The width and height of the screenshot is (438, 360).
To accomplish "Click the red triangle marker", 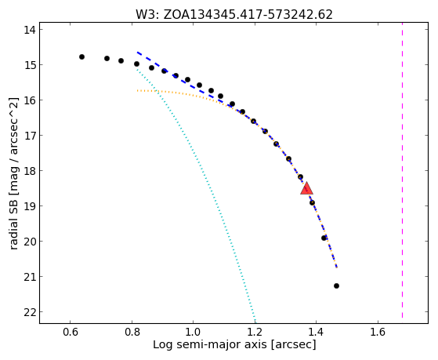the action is (x=306, y=189).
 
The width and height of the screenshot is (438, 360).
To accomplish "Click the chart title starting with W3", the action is (x=234, y=15).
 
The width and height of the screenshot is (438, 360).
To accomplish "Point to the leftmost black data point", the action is (x=81, y=56).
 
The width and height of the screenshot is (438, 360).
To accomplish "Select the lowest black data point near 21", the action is (x=336, y=285).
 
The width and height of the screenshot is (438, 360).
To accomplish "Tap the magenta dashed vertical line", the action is (x=402, y=170).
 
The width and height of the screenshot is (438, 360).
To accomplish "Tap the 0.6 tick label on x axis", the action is (x=70, y=332).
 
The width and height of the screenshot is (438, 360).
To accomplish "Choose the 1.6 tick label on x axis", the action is (x=378, y=332).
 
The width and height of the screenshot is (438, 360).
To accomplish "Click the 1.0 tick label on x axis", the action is (x=194, y=332).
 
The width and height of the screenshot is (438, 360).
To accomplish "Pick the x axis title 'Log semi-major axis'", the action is (x=210, y=344).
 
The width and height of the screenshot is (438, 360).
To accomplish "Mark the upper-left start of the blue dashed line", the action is (x=137, y=53).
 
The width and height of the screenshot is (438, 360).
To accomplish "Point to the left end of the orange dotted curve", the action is (x=137, y=90).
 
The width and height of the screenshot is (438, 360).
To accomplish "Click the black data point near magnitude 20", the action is (x=324, y=238).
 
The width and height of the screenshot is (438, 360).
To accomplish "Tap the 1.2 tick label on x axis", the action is (x=255, y=332).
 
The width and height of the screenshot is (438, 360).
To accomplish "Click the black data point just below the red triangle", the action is (x=312, y=202).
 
